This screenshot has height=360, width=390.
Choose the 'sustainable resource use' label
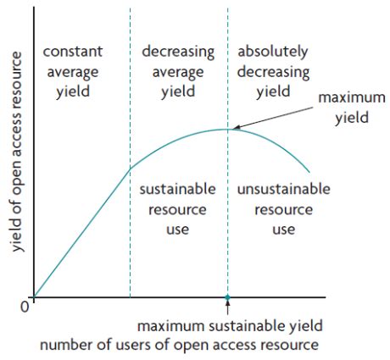coord(176,208)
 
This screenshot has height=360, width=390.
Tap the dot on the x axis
coord(227,297)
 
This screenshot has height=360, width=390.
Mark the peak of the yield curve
coord(227,129)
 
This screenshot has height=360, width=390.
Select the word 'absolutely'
coord(274,51)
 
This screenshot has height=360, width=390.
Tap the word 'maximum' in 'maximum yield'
coord(343,99)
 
